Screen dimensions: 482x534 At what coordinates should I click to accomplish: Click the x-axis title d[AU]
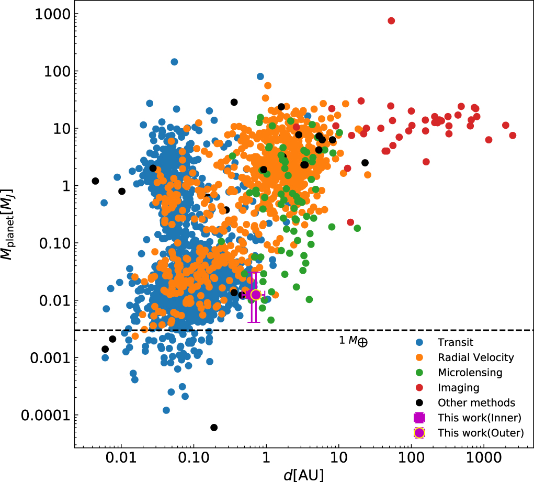(303, 474)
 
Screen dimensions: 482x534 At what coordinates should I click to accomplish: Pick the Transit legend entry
(456, 343)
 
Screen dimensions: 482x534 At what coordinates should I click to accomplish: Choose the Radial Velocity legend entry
(476, 358)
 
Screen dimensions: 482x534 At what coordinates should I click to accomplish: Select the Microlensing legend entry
(470, 373)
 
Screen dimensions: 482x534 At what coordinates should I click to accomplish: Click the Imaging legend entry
(459, 388)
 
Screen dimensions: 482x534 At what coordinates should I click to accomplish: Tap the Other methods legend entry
(476, 403)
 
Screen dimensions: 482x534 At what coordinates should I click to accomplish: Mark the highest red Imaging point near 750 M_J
(391, 20)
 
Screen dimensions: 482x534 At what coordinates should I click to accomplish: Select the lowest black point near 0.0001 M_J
(214, 428)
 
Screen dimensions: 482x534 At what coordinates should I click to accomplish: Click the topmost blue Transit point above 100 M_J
(174, 62)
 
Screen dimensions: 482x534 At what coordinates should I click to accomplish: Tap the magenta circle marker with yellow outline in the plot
(256, 295)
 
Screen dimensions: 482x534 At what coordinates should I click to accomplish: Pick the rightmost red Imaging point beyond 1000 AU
(513, 136)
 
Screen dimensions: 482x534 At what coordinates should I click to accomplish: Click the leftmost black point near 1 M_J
(95, 181)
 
